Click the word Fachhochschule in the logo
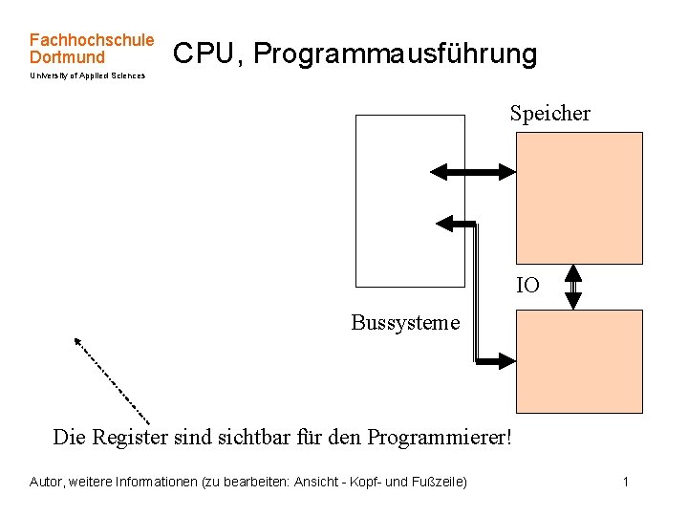[92, 40]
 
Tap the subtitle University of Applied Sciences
[88, 75]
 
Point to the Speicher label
[550, 114]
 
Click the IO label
[527, 285]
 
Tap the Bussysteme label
[405, 322]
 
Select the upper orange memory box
[579, 198]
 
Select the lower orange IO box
[579, 361]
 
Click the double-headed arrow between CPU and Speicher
[473, 172]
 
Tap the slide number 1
[625, 482]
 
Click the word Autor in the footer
[47, 482]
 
